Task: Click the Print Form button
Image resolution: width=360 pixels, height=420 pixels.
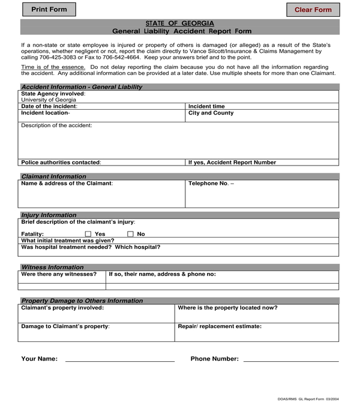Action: pyautogui.click(x=49, y=10)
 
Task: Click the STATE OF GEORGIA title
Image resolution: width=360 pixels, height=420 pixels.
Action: pyautogui.click(x=179, y=23)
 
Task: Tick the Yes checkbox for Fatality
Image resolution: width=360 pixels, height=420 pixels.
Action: pyautogui.click(x=88, y=234)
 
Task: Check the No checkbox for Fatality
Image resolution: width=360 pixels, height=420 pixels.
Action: pyautogui.click(x=130, y=234)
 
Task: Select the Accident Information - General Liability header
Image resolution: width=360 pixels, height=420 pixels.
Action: pyautogui.click(x=82, y=87)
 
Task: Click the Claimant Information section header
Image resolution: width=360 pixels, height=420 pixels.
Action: pyautogui.click(x=53, y=176)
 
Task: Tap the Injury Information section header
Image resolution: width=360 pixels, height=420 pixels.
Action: pyautogui.click(x=49, y=215)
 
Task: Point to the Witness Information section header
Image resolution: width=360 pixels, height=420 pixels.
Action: pyautogui.click(x=52, y=267)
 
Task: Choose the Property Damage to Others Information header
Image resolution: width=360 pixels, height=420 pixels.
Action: pyautogui.click(x=82, y=301)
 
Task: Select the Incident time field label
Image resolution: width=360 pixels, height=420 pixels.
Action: pyautogui.click(x=206, y=106)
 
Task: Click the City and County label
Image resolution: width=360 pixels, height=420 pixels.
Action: pyautogui.click(x=211, y=113)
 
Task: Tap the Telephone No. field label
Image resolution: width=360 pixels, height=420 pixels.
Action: pyautogui.click(x=211, y=184)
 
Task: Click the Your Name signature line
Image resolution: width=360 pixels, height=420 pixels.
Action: pyautogui.click(x=119, y=361)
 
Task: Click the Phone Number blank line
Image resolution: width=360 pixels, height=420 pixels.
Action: pyautogui.click(x=290, y=361)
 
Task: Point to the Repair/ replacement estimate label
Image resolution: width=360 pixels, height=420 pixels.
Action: pyautogui.click(x=220, y=326)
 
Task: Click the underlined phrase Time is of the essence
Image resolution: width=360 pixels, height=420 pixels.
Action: pyautogui.click(x=53, y=67)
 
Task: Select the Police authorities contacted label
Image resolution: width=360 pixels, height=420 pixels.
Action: pyautogui.click(x=61, y=162)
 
